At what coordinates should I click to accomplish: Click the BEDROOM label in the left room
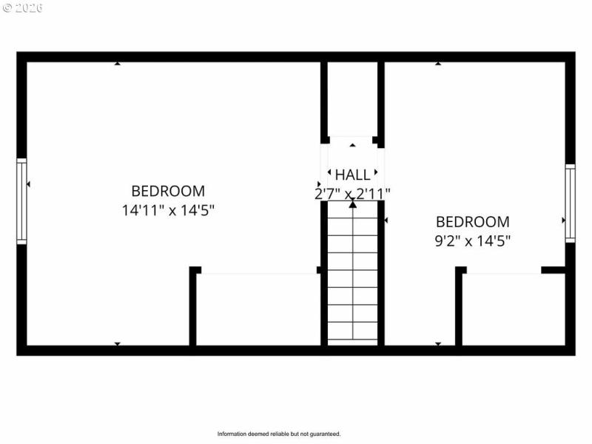point(168,191)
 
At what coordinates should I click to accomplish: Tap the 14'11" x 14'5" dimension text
point(168,209)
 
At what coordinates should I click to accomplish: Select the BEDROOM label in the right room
point(472,221)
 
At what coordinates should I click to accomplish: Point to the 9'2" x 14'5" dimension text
point(472,240)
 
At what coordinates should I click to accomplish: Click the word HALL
point(352,175)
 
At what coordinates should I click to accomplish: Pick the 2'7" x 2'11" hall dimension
point(352,193)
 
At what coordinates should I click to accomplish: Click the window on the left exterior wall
point(21,201)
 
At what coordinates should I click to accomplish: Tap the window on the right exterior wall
point(570,203)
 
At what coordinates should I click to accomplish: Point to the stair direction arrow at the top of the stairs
point(352,204)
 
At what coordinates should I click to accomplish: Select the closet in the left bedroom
point(258,309)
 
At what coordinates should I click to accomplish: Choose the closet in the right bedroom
point(513,309)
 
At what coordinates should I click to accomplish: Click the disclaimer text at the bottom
point(279,434)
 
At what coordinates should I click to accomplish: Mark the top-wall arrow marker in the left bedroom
point(117,64)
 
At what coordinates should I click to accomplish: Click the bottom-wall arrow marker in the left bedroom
point(117,343)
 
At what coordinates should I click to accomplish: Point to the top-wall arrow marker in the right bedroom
point(438,64)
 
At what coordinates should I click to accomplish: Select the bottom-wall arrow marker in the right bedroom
point(438,343)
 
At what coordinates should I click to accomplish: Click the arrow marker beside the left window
point(28,184)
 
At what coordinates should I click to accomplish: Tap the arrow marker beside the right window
point(563,221)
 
